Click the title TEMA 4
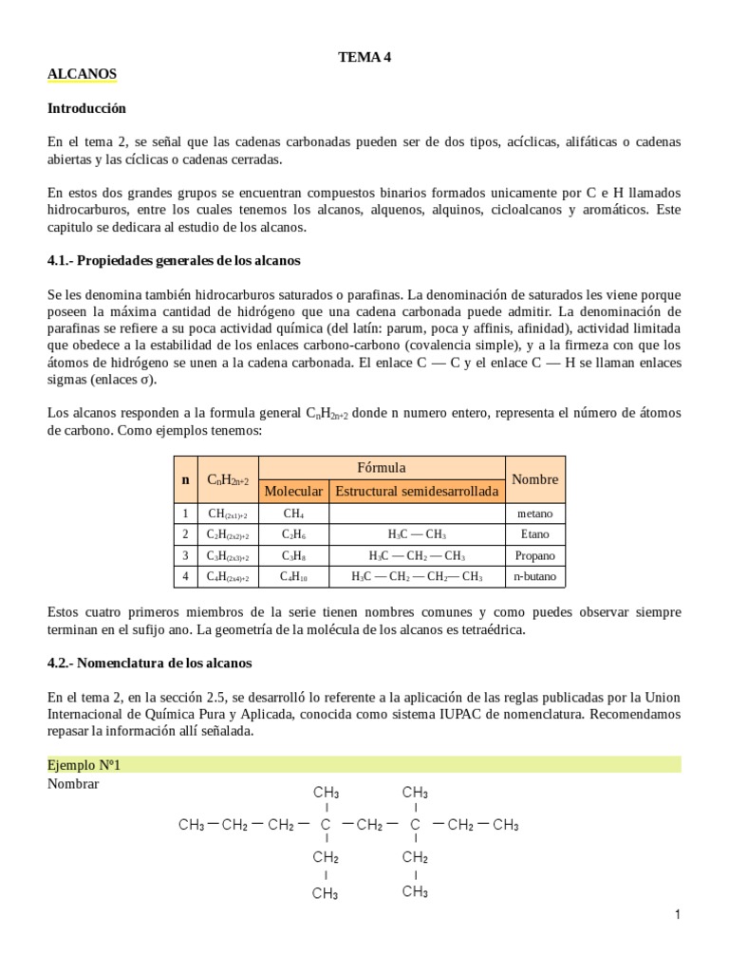tap(364, 57)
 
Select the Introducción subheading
tap(86, 108)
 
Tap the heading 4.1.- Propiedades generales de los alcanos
tap(174, 260)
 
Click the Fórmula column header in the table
tap(381, 467)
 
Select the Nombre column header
tap(534, 479)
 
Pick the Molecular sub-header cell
tap(293, 491)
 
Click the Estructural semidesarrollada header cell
tap(417, 491)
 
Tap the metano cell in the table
tap(534, 514)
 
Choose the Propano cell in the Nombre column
tap(534, 555)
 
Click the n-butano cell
tap(534, 576)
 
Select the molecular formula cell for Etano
tap(293, 534)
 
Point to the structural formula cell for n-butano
tap(417, 576)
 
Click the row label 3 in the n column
tap(186, 555)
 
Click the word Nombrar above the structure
tap(73, 784)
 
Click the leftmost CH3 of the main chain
tap(192, 825)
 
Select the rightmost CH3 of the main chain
tap(505, 825)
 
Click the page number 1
tap(678, 914)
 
